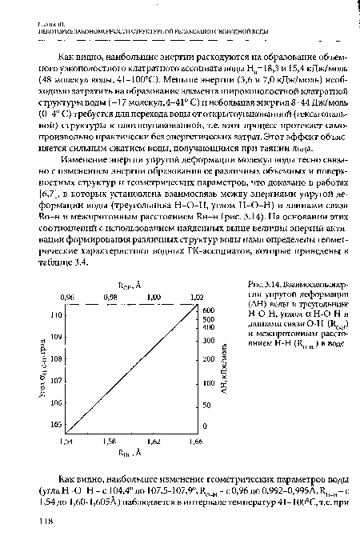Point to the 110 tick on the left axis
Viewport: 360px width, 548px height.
click(x=54, y=316)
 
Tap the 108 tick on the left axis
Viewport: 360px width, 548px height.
click(x=54, y=358)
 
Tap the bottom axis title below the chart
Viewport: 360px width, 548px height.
click(x=132, y=451)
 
